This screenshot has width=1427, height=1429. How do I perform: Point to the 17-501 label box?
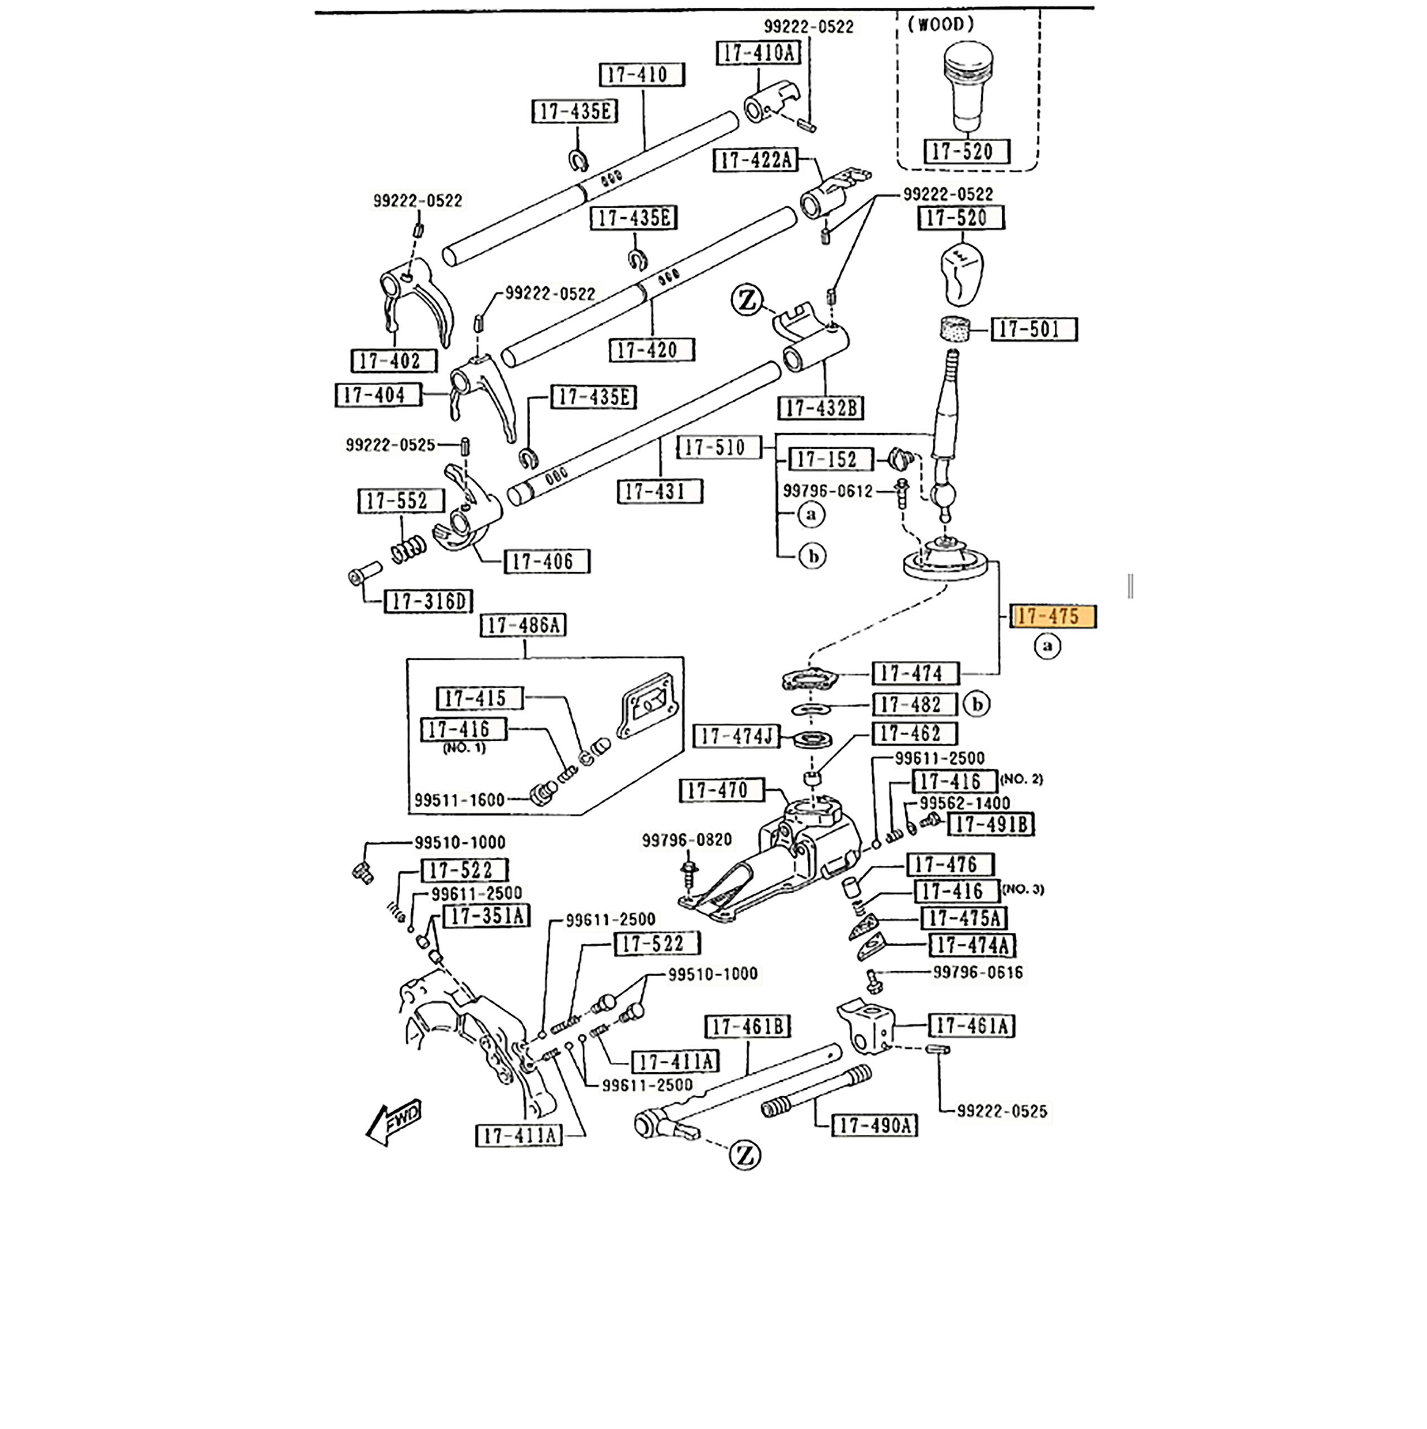[1034, 330]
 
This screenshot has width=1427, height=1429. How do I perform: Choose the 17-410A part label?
[758, 53]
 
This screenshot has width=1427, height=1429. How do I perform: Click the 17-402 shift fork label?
[393, 362]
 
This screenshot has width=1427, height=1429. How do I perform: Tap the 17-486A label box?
[523, 626]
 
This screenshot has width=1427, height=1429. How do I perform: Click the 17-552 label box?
[401, 501]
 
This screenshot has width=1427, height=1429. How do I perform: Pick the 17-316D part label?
[428, 601]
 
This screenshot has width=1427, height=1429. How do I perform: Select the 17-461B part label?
[747, 1027]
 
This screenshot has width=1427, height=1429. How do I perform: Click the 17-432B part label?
[820, 408]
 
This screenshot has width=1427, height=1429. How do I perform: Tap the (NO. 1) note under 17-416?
[464, 748]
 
